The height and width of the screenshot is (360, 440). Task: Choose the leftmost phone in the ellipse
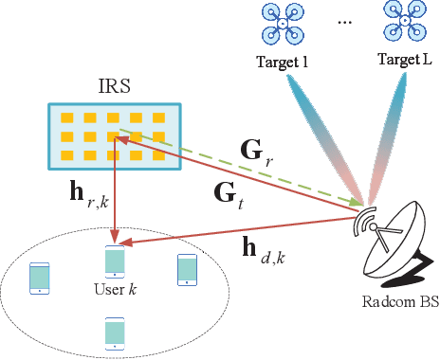[x=40, y=278]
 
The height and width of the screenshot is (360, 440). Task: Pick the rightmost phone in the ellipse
[x=187, y=269]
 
